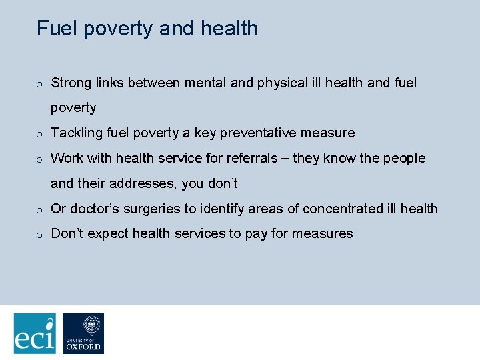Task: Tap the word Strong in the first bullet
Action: [70, 83]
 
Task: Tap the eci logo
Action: [35, 333]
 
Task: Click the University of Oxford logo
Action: [83, 333]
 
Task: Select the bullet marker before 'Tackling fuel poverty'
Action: [40, 134]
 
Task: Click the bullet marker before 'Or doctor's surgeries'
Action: [40, 210]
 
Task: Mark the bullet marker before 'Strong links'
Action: [40, 84]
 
